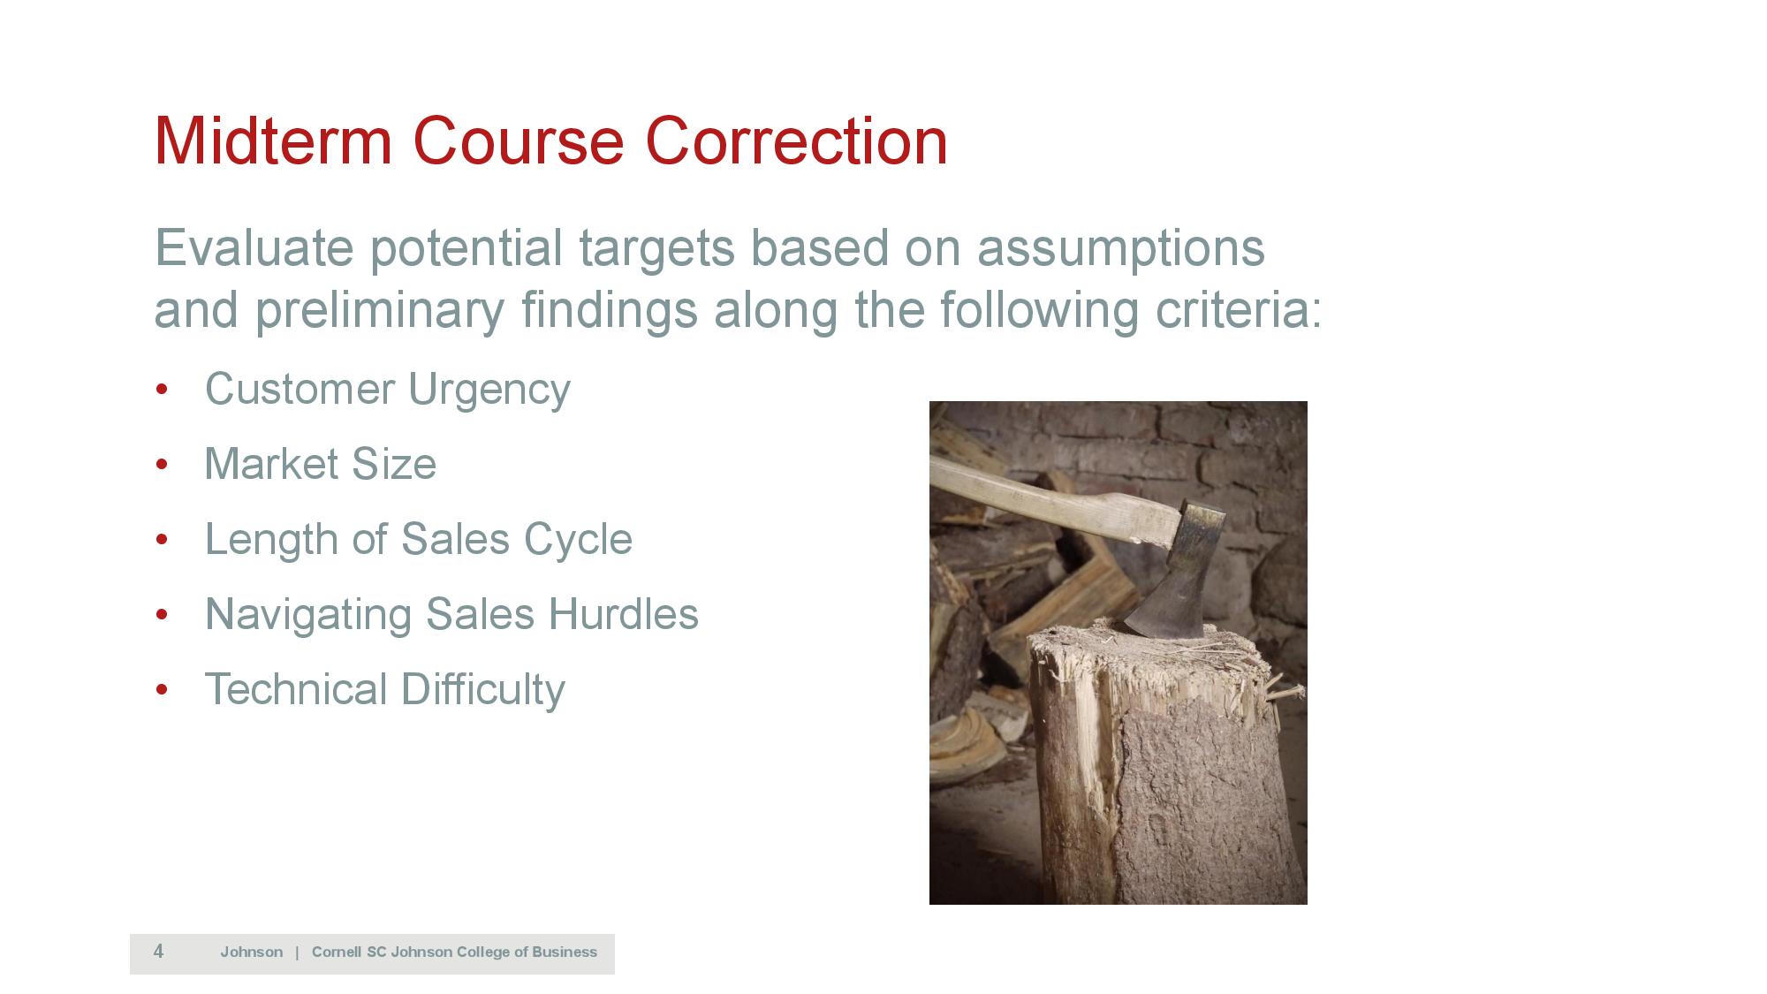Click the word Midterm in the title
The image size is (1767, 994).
(x=273, y=140)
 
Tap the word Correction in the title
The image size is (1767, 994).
(x=797, y=140)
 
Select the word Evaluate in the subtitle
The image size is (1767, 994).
(x=254, y=247)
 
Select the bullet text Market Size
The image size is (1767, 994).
(x=321, y=464)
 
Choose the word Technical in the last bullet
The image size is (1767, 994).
(x=296, y=689)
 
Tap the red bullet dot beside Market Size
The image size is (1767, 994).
(x=162, y=465)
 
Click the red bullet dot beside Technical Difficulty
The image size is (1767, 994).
(x=162, y=690)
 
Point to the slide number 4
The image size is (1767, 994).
(x=158, y=952)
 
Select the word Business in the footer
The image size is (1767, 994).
(x=565, y=952)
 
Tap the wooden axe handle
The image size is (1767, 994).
(x=1051, y=500)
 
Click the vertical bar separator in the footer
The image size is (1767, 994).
(x=298, y=952)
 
